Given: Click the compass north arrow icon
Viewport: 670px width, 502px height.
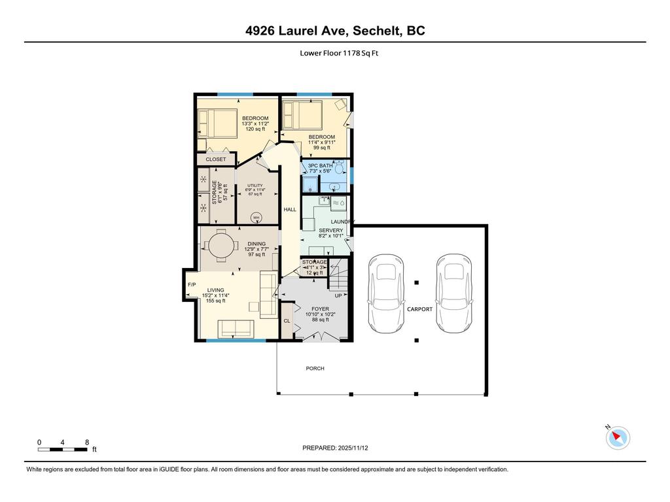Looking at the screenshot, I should (x=618, y=437).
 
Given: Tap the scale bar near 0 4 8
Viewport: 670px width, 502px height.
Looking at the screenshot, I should (x=63, y=449).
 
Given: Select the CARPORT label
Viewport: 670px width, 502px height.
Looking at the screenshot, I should (x=419, y=309).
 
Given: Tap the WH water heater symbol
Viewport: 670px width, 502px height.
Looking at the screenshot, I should (x=256, y=218).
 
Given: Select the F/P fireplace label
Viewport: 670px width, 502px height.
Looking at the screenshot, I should (x=192, y=285).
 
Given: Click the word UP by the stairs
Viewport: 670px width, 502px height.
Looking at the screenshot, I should (x=338, y=295).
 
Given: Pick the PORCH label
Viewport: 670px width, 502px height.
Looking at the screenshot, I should (x=315, y=368).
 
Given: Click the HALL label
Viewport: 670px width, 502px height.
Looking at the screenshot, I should (x=289, y=210).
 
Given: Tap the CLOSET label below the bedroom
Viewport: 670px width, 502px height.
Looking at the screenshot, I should (x=216, y=159).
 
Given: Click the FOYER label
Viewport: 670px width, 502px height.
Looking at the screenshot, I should (x=320, y=309).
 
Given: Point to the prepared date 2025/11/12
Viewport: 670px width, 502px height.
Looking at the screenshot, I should (x=340, y=448).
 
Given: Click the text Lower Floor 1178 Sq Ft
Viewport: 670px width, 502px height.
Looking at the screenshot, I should (x=335, y=54).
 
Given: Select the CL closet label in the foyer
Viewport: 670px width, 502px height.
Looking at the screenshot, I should (x=287, y=321).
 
